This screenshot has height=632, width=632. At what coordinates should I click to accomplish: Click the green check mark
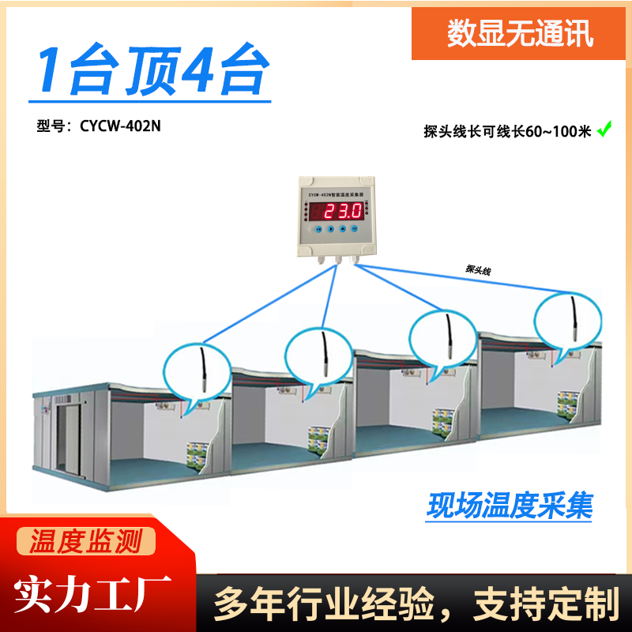(x=604, y=129)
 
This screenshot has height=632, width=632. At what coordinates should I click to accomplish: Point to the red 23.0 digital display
(x=337, y=211)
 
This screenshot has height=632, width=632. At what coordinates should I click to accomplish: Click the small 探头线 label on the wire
(x=479, y=270)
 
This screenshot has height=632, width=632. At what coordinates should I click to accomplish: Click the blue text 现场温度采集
(x=510, y=506)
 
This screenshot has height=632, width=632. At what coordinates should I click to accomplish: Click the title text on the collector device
(x=335, y=190)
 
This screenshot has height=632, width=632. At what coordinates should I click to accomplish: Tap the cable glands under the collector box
(x=337, y=258)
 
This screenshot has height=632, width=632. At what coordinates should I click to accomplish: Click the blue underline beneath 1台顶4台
(x=150, y=101)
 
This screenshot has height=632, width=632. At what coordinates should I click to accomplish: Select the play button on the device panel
(x=331, y=229)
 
